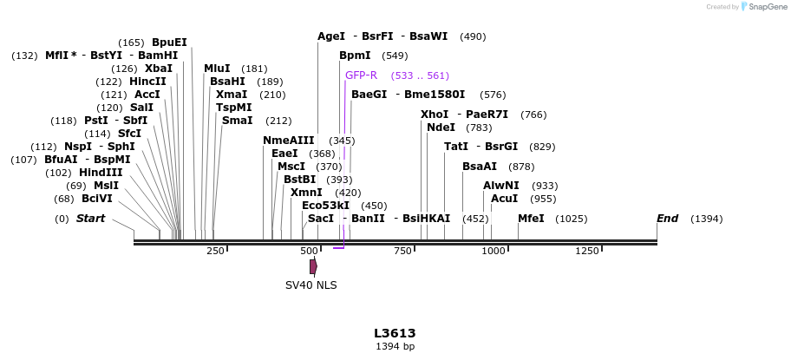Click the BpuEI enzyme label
point(169,42)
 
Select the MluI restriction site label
point(217,69)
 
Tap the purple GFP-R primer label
point(361,75)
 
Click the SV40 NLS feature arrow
point(313,266)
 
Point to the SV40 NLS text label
point(311,285)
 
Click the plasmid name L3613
point(395,333)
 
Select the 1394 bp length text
point(395,347)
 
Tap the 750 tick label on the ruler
point(402,251)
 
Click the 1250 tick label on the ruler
point(587,251)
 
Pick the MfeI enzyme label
point(531,219)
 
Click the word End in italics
point(667,219)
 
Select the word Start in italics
point(90,219)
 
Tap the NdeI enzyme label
point(441,128)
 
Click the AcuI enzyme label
point(504,199)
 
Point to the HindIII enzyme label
point(101,173)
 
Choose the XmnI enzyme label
point(306,193)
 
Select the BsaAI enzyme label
point(480,167)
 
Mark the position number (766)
point(533,115)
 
